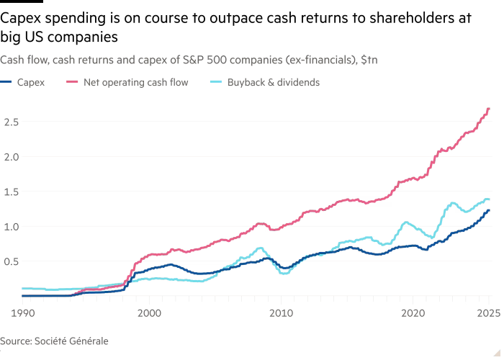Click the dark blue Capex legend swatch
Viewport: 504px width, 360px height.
coord(7,83)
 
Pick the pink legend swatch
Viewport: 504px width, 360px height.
coord(71,83)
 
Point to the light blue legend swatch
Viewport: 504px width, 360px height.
coord(217,83)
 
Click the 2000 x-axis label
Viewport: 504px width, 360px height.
coord(149,313)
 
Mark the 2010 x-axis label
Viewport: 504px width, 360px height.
coord(281,313)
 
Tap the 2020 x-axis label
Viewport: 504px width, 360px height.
coord(413,313)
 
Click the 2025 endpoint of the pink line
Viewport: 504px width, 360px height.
coord(489,109)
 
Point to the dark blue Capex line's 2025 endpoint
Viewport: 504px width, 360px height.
coord(489,210)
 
